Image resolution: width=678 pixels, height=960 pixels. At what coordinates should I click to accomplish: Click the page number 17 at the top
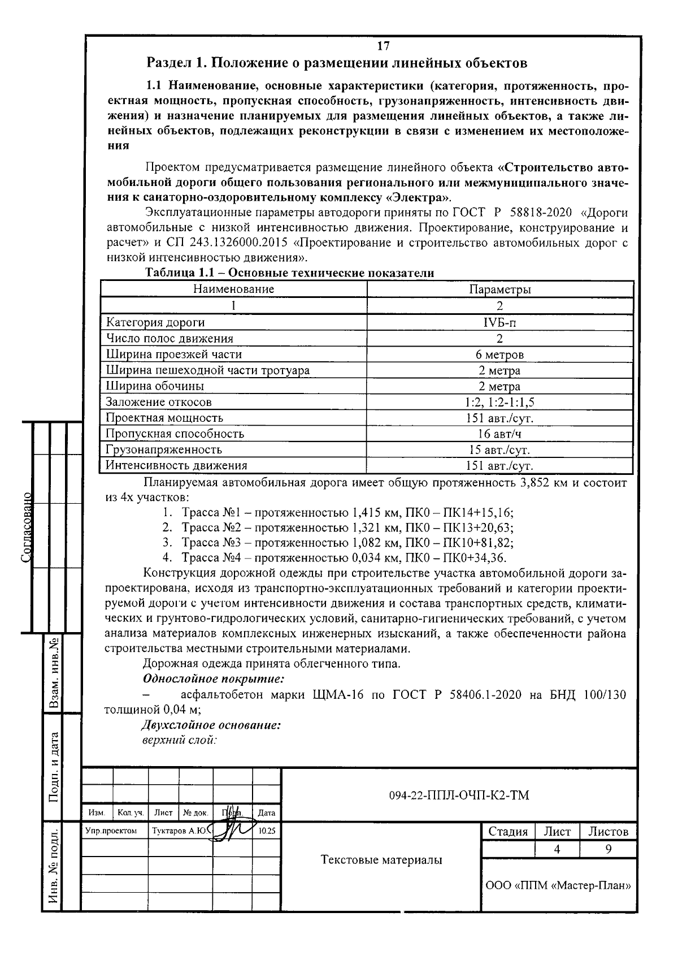(x=383, y=46)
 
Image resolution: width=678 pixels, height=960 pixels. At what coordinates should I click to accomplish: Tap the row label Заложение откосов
(x=159, y=403)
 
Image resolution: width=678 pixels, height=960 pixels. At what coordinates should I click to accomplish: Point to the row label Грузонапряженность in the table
(x=164, y=450)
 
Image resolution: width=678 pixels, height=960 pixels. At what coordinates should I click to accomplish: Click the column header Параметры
(x=499, y=289)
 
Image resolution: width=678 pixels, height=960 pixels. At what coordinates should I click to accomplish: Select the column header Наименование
(x=233, y=289)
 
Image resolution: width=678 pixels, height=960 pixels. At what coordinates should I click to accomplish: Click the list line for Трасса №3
(x=346, y=543)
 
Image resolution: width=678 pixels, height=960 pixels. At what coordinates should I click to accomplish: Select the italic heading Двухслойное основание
(x=211, y=725)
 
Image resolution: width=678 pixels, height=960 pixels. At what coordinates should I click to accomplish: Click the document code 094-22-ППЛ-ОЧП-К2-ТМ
(x=459, y=796)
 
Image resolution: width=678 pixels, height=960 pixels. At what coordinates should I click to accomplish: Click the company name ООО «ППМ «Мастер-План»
(x=558, y=885)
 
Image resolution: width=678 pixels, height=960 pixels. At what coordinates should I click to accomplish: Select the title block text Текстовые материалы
(x=381, y=860)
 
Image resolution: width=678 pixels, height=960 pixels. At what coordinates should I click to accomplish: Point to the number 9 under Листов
(x=608, y=849)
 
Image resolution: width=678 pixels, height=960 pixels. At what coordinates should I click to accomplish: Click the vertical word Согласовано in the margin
(x=27, y=527)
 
